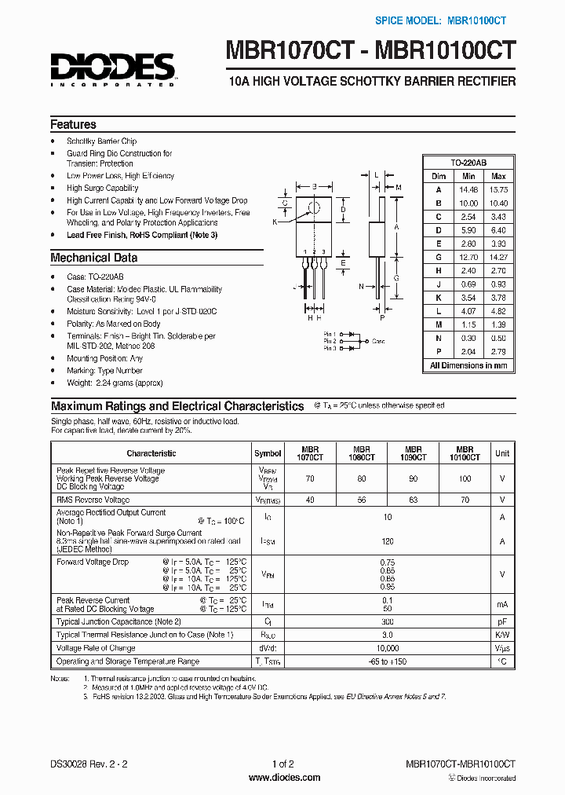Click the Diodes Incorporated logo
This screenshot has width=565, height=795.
tap(113, 69)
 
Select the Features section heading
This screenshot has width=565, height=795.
tap(73, 125)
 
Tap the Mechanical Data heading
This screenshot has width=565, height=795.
tap(93, 258)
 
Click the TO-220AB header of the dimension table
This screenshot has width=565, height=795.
tap(468, 162)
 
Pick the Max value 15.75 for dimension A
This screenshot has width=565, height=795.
tap(498, 190)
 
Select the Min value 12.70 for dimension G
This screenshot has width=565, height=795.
tap(468, 257)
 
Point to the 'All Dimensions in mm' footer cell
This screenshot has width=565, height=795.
tap(468, 365)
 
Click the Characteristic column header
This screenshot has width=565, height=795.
tap(151, 453)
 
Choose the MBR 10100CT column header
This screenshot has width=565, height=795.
tap(465, 453)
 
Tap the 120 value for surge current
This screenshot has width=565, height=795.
tap(387, 542)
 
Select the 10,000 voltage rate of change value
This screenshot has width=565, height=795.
tap(387, 648)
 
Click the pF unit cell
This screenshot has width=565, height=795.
tap(502, 621)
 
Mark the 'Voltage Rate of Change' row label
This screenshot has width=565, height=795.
tap(96, 648)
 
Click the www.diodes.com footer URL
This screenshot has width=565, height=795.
tap(283, 778)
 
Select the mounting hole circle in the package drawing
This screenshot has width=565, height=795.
tap(315, 208)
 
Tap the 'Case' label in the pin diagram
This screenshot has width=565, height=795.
tap(378, 342)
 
